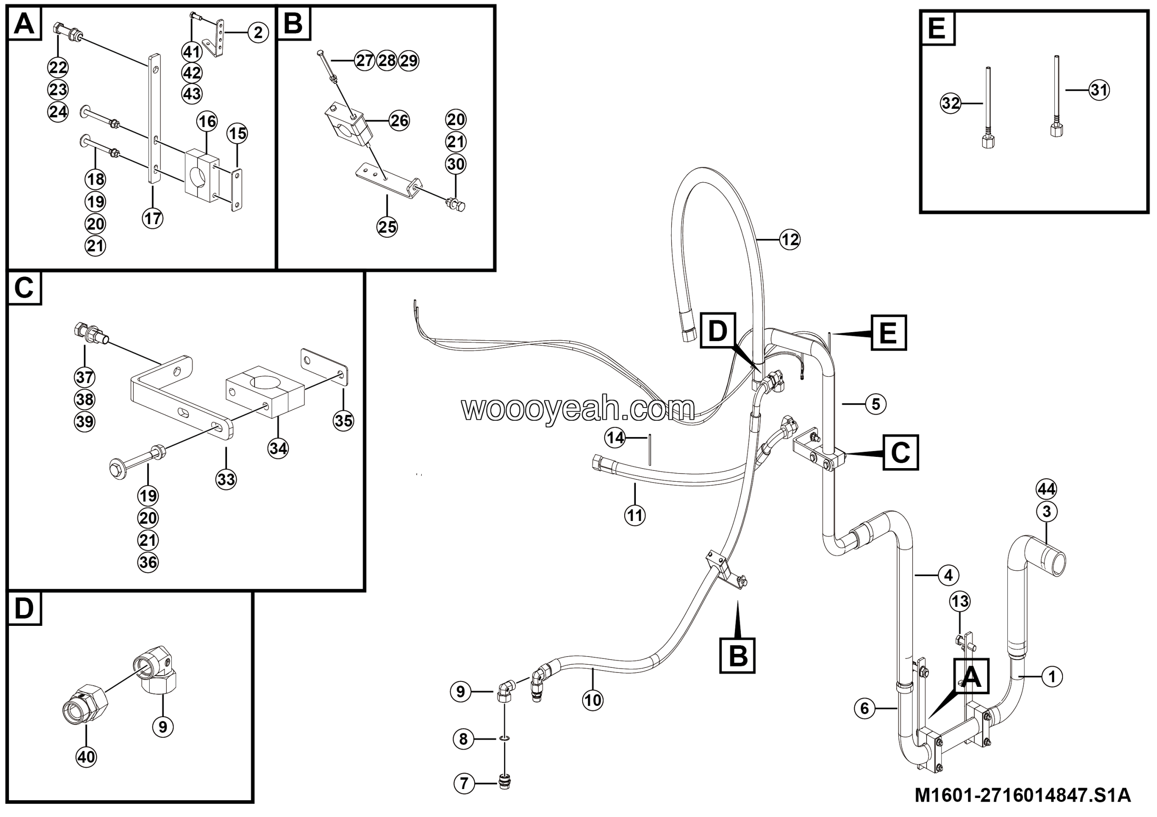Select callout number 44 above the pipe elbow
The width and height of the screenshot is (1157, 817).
tap(1047, 489)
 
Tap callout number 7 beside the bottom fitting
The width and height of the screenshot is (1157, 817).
tap(464, 783)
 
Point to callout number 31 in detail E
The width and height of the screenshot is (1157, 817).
tap(1099, 90)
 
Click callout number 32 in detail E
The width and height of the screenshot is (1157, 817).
tap(951, 103)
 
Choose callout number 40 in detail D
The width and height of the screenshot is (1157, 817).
tap(86, 756)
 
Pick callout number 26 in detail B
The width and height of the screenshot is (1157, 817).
tap(399, 121)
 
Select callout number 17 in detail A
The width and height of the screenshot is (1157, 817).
tap(153, 219)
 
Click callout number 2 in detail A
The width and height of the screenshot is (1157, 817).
tap(258, 33)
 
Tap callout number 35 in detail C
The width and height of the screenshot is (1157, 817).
tap(343, 421)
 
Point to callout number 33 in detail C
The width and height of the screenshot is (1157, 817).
tap(226, 479)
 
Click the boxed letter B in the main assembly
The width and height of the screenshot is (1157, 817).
tap(738, 655)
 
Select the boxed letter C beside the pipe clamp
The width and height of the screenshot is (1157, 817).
tap(900, 452)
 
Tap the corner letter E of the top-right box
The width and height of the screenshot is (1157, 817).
tap(937, 28)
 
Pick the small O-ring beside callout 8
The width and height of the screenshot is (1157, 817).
tap(504, 738)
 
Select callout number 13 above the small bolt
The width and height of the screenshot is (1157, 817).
tap(960, 601)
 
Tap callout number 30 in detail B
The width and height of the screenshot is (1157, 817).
tap(456, 164)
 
